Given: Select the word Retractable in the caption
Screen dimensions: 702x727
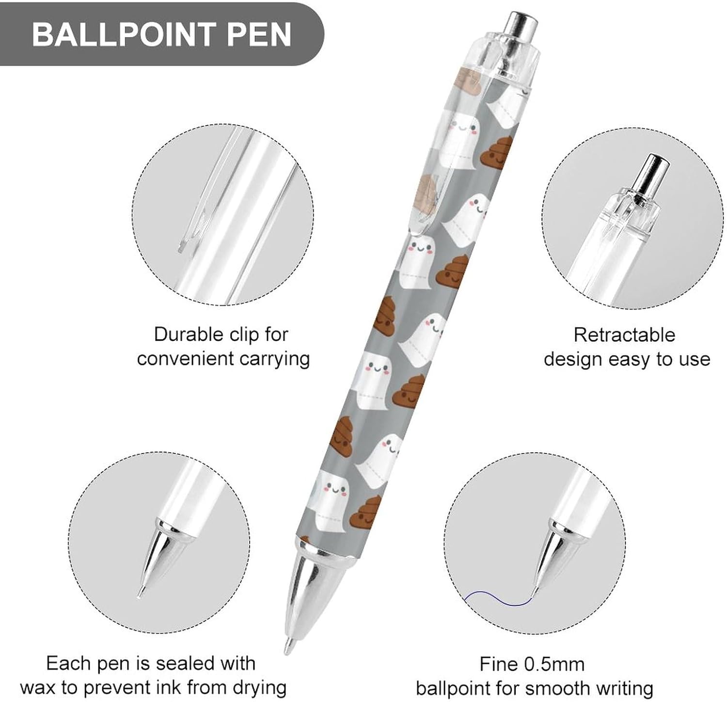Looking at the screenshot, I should (x=624, y=335).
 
